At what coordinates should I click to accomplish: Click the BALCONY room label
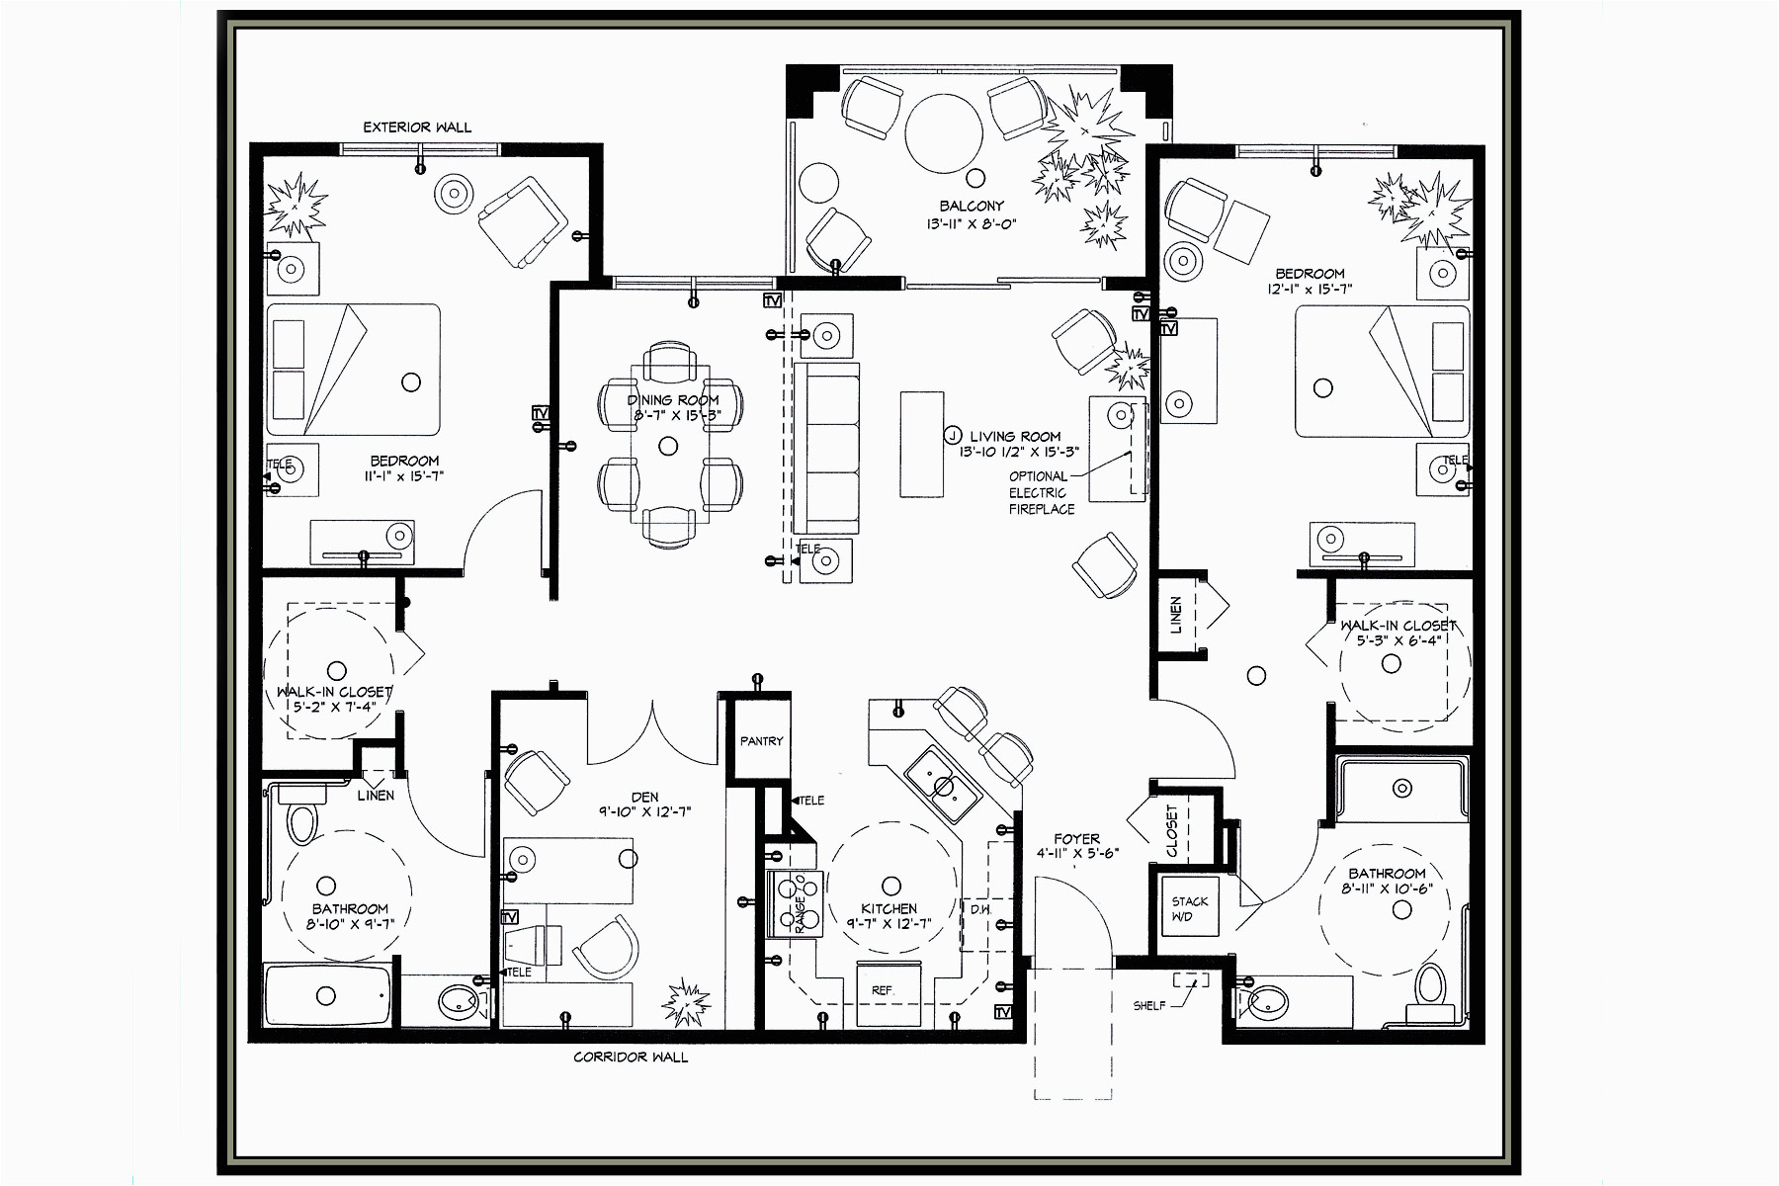point(971,206)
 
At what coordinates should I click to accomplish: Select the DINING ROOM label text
point(673,400)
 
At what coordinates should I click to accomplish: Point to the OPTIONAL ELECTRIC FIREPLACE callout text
point(1041,492)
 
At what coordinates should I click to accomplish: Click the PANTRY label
point(761,740)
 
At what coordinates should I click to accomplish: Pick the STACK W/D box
point(1189,908)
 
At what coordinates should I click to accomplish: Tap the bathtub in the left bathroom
point(327,995)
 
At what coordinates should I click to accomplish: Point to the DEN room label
point(644,797)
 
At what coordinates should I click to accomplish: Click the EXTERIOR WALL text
point(417,127)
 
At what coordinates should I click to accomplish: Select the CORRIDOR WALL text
point(631,1057)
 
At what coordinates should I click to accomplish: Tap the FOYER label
point(1076,838)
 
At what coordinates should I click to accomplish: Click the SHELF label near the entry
point(1148,1005)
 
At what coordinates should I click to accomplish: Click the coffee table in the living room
point(921,444)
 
